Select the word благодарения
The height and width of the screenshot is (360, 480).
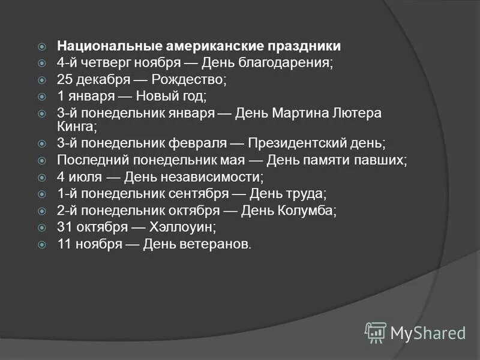(x=289, y=62)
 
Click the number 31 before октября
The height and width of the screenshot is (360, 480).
(x=65, y=227)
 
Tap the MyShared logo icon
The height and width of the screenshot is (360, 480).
(x=376, y=331)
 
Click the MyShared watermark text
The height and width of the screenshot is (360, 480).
(x=428, y=332)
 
